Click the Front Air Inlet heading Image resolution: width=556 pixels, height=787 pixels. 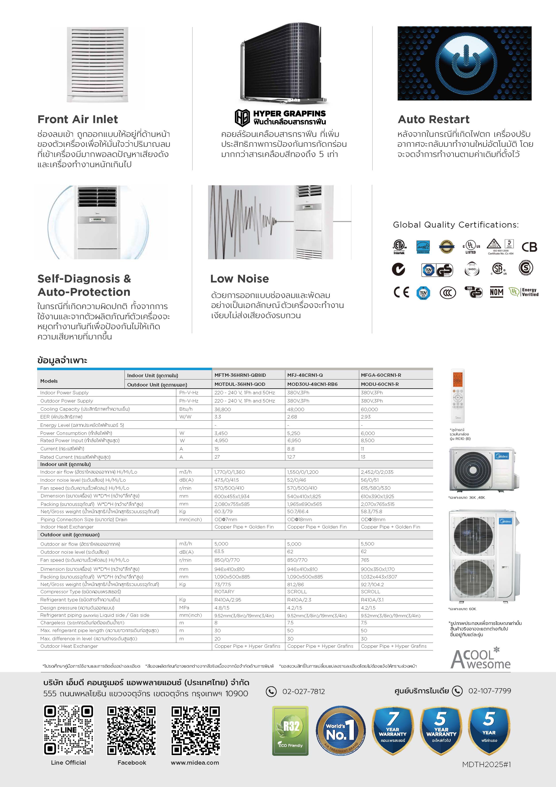[77, 119]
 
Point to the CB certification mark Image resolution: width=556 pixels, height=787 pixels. [529, 247]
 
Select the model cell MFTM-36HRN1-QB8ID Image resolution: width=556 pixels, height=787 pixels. [240, 375]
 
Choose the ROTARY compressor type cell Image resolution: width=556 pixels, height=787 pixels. [224, 592]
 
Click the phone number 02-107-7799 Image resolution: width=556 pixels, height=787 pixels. [490, 691]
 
